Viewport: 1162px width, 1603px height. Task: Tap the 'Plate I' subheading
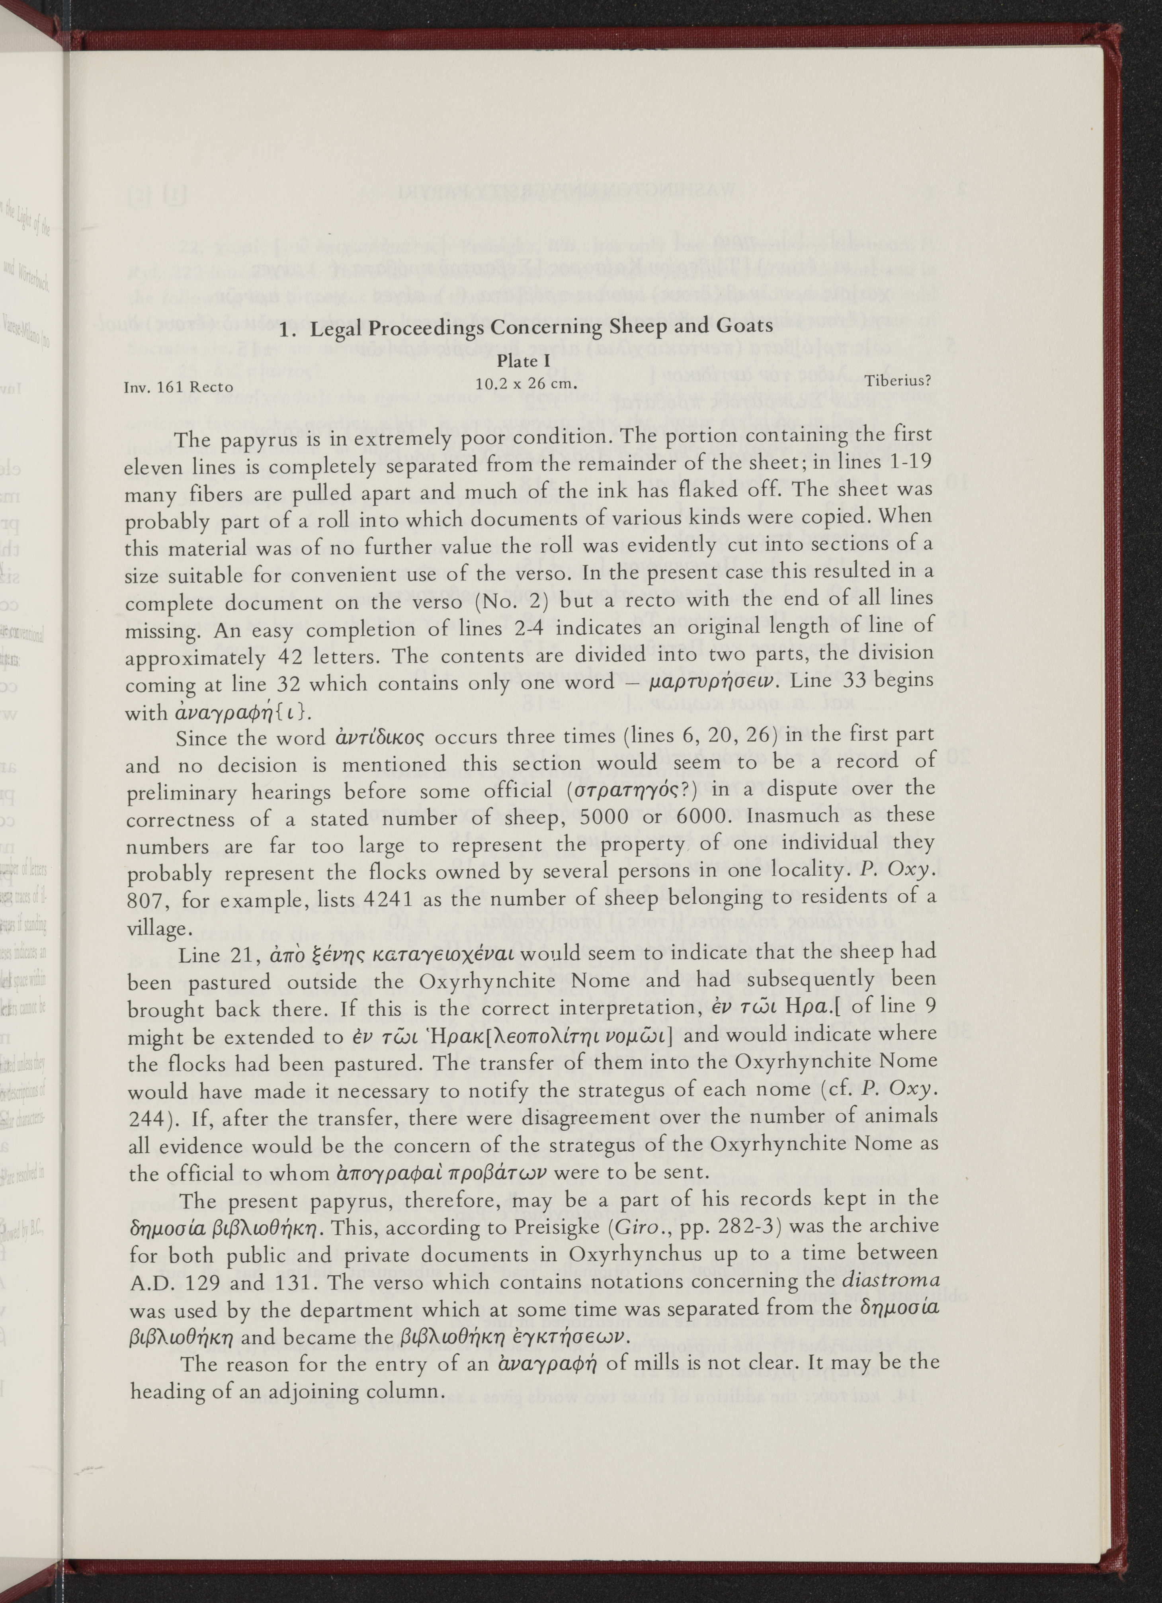click(527, 361)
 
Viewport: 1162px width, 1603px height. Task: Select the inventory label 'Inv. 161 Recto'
click(179, 387)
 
